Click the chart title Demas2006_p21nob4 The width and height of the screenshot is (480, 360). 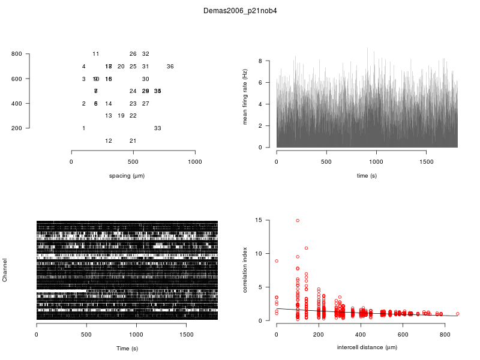click(240, 11)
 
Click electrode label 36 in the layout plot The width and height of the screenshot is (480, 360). click(170, 67)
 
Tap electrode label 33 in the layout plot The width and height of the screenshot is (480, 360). click(158, 128)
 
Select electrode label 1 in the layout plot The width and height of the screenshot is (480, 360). click(83, 128)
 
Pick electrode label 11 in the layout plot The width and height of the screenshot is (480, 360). click(96, 54)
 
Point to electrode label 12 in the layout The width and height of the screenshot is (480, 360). click(109, 141)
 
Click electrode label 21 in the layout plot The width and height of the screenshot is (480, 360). click(133, 141)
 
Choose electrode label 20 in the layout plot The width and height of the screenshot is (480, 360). click(121, 67)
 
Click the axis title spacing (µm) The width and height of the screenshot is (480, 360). click(127, 176)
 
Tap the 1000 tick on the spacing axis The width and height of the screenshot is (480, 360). click(195, 162)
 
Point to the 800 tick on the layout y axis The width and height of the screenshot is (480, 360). click(16, 54)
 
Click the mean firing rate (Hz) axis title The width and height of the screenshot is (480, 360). click(245, 97)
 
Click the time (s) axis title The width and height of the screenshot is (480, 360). click(367, 176)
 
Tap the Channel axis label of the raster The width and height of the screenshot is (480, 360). click(5, 271)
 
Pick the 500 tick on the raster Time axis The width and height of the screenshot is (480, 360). click(86, 335)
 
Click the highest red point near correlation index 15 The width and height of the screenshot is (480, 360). click(298, 221)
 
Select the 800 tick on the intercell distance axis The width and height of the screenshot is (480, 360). click(445, 335)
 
